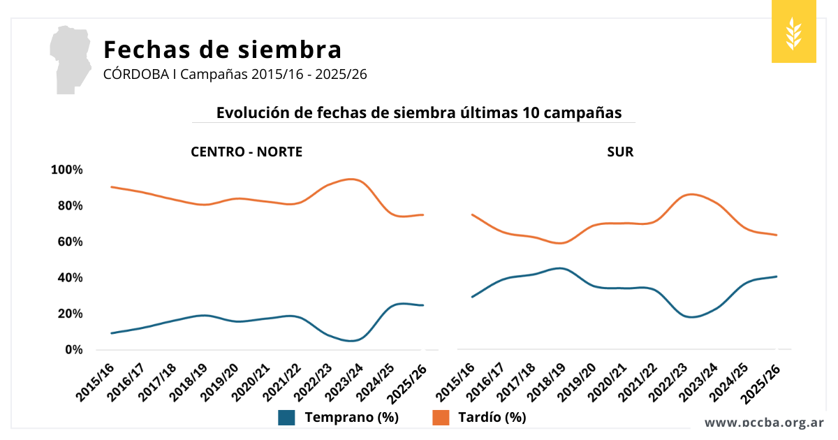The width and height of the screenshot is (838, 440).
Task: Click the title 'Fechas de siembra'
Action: pos(222,50)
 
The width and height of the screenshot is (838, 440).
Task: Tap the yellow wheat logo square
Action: pos(793,32)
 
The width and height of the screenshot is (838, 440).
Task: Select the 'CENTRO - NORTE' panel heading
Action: pos(247,152)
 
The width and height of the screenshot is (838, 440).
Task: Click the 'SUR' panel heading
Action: pos(620,152)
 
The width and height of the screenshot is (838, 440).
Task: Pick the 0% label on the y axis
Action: pos(73,349)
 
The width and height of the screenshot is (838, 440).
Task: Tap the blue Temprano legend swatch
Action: pos(286,418)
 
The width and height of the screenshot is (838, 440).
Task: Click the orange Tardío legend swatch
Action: pos(441,418)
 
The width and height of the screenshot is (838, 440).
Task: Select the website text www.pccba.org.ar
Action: pos(764,423)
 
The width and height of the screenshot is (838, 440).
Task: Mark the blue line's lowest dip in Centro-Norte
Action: pos(352,341)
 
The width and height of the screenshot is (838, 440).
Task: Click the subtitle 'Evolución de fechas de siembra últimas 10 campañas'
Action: pos(418,113)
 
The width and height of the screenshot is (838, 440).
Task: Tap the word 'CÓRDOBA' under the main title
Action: pos(135,74)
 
